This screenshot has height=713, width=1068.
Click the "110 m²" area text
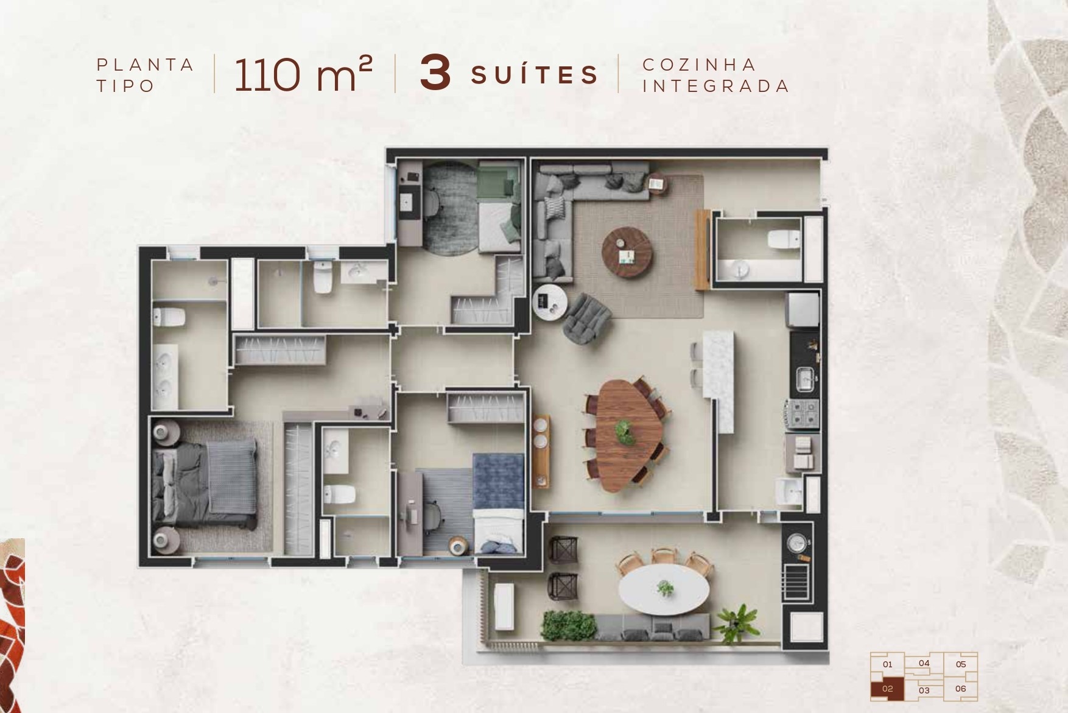coord(303,75)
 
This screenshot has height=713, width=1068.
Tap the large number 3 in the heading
coord(435,74)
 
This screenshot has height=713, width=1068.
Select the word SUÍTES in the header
coord(535,75)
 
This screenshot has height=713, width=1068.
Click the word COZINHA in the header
coord(700,65)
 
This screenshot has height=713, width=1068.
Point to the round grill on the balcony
coord(797,543)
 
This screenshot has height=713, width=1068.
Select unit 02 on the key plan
coord(887,689)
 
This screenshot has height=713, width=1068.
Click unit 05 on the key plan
coord(961,664)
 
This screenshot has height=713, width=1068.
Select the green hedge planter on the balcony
coord(568,625)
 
